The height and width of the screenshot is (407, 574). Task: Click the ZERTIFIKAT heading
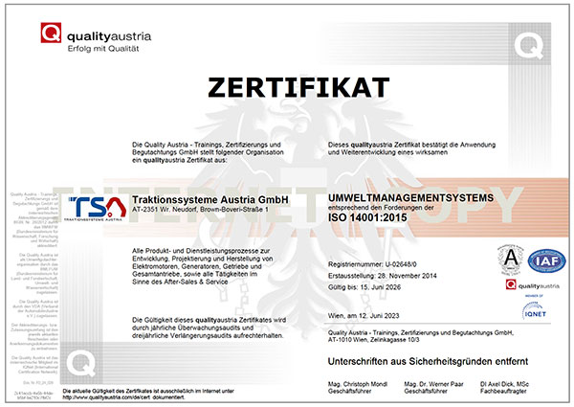click(286, 88)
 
